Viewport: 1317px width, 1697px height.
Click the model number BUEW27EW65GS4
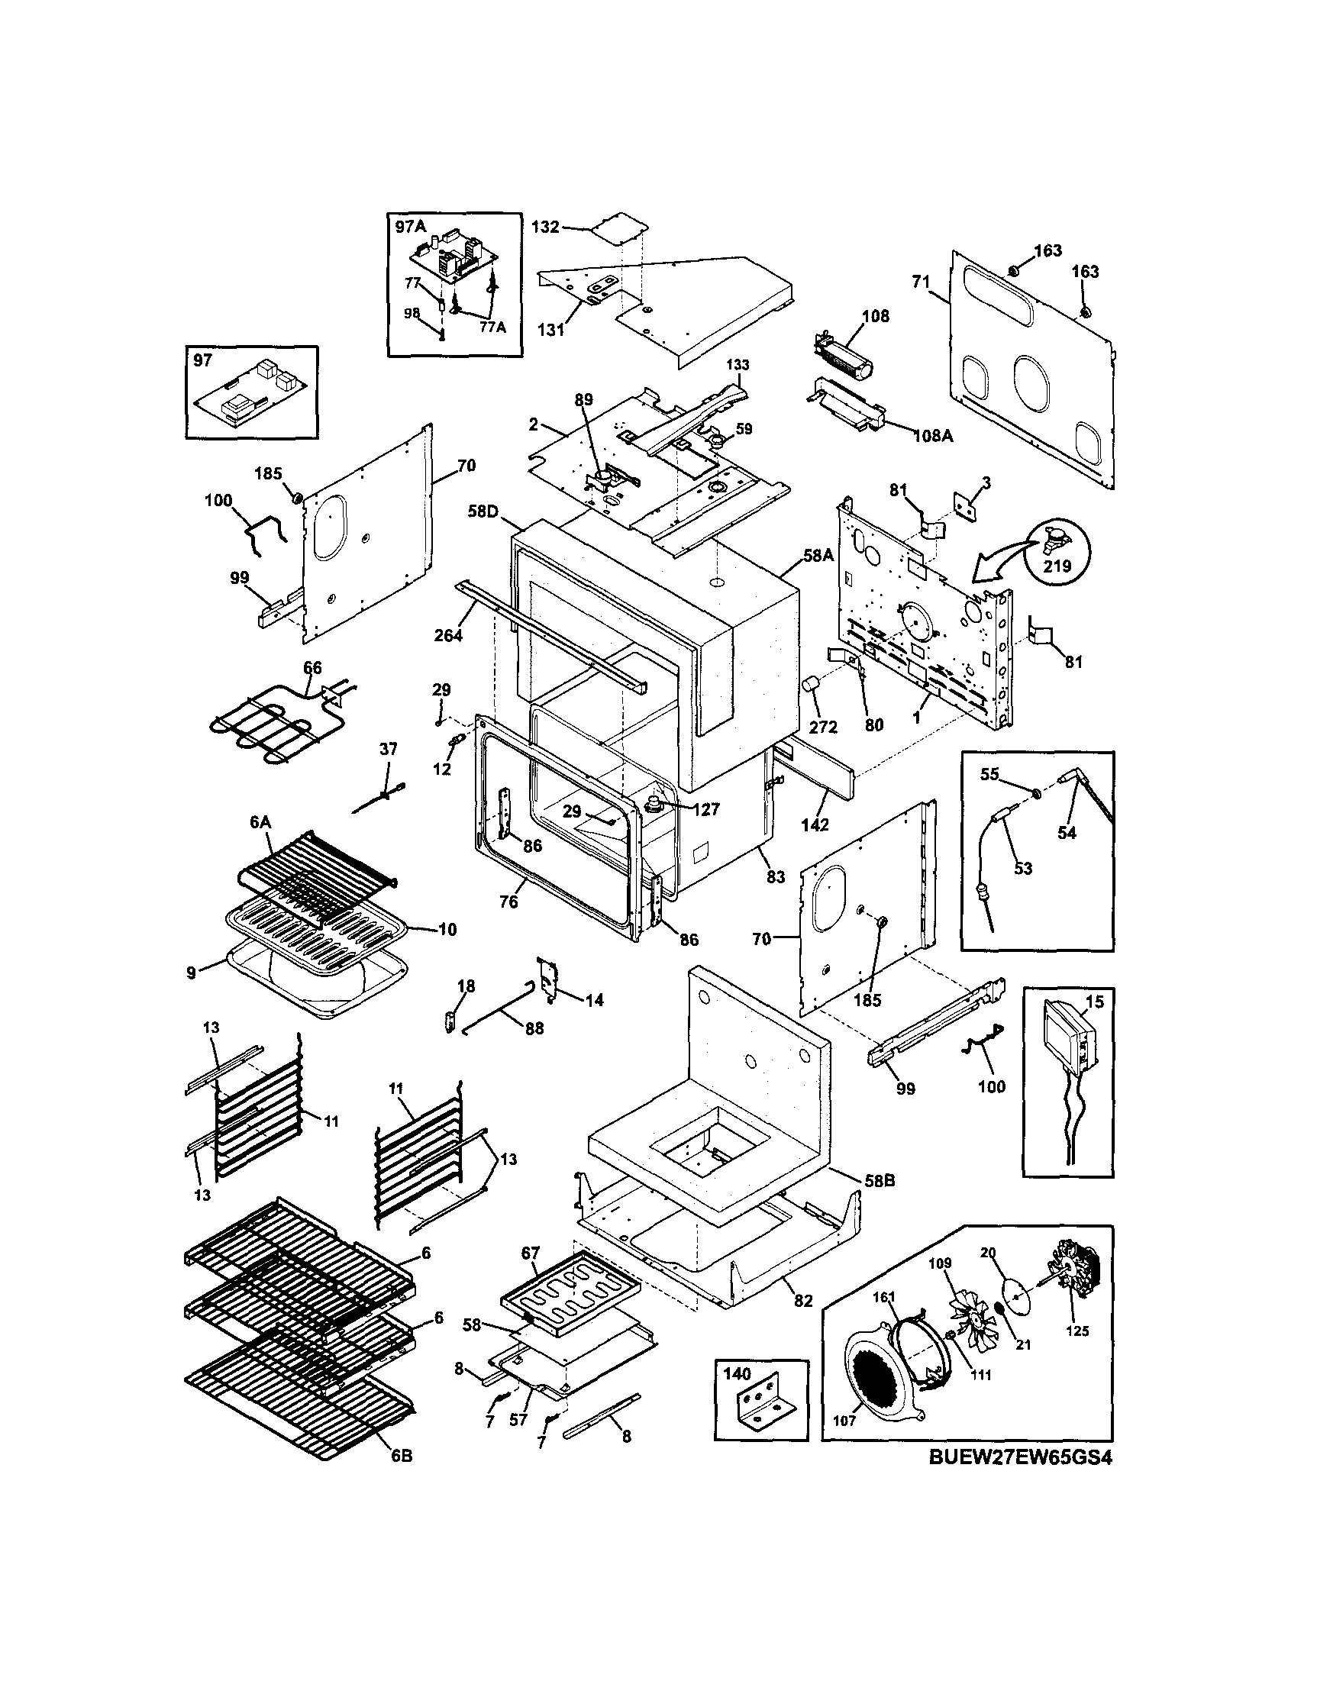(x=1020, y=1459)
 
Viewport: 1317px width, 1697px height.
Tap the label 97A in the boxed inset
(x=410, y=226)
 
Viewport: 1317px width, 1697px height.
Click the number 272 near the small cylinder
(x=824, y=728)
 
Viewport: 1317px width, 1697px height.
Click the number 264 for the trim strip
(x=448, y=636)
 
